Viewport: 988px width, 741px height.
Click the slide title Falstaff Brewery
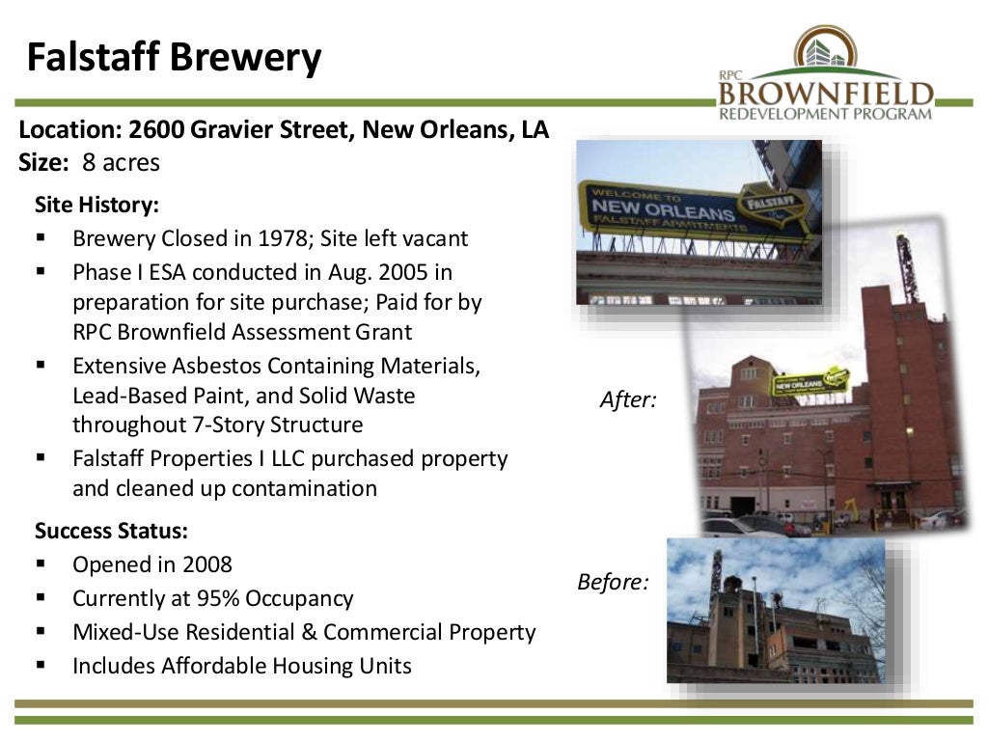pyautogui.click(x=174, y=58)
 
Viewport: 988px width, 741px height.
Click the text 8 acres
pyautogui.click(x=121, y=163)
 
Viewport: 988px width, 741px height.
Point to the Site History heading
pyautogui.click(x=96, y=206)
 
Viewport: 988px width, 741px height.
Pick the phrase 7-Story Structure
pyautogui.click(x=265, y=425)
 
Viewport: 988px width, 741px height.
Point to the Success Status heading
pyautogui.click(x=111, y=531)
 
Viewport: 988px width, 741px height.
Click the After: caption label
pyautogui.click(x=627, y=399)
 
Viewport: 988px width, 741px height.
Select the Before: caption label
pyautogui.click(x=612, y=583)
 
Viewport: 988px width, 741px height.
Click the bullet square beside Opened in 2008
pyautogui.click(x=41, y=564)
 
